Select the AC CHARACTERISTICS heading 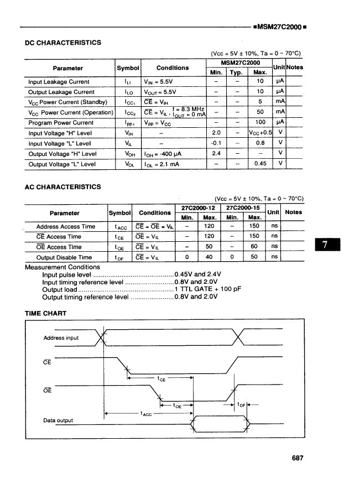(x=63, y=187)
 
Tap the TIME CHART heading (x=46, y=314)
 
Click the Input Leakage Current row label (x=59, y=82)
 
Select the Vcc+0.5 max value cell (x=261, y=133)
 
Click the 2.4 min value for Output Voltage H (x=217, y=154)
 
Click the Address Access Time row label (x=66, y=227)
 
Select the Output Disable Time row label (x=64, y=257)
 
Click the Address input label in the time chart (x=61, y=338)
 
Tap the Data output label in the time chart (x=58, y=421)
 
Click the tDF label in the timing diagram (x=241, y=405)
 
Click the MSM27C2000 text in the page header (x=279, y=27)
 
